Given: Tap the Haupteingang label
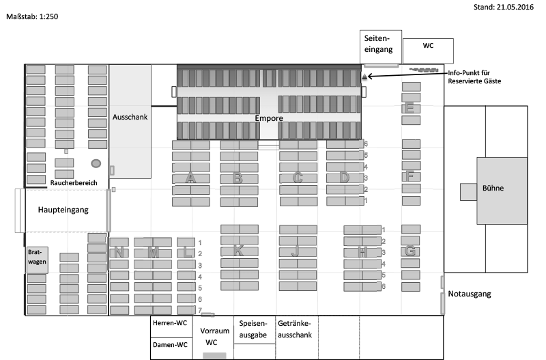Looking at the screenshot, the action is coord(63,210).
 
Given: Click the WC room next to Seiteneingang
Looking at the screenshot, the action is coord(428,46).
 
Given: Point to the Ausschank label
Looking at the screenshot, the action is coord(130,116).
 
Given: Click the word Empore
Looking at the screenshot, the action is coord(268,118).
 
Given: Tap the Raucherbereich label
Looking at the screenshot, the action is coord(74,183).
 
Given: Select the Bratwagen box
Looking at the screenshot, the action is coord(36,257).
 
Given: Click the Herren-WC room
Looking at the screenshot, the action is coord(170,323).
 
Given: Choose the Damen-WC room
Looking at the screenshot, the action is coord(170,345).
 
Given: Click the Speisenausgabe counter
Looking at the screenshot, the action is coord(255,329).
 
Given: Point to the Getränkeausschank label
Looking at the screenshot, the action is coord(295,329).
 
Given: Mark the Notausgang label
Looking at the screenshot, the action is coord(470,294).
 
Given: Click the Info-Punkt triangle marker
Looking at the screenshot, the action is coord(364,77).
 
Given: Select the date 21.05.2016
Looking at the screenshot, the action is coord(503,7).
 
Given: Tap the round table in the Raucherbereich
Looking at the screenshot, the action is coord(96,163).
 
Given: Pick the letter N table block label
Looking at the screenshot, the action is coord(119,253).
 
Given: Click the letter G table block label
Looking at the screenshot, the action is coord(410,251).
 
